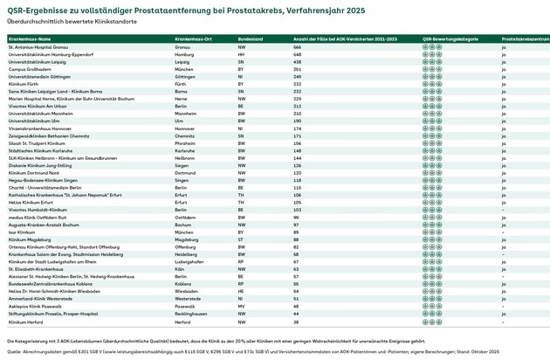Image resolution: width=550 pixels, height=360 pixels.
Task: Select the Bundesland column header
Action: coord(251,40)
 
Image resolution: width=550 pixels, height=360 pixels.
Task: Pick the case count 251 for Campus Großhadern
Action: coord(296,70)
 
